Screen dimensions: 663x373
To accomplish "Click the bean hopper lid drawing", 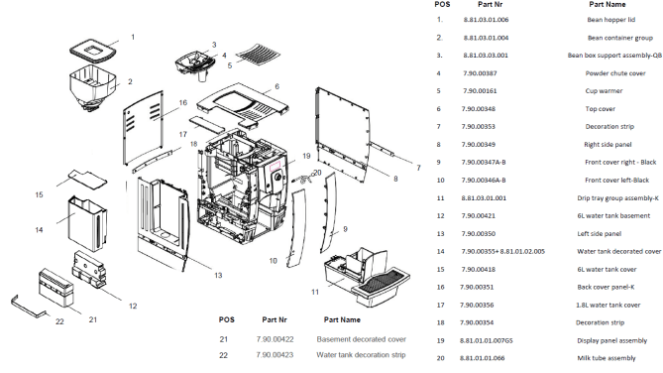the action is click(x=93, y=50).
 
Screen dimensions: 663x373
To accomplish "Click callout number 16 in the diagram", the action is click(x=182, y=103).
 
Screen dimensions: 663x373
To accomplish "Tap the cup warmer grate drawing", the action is click(x=258, y=53).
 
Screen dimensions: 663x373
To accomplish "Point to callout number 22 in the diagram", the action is click(x=59, y=321).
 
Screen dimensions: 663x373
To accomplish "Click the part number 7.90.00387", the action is click(x=480, y=73).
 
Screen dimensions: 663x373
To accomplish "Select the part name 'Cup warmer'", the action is click(x=604, y=91).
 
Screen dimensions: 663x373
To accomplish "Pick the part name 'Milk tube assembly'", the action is click(x=607, y=358).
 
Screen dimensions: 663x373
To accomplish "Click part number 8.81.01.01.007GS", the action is click(x=487, y=340).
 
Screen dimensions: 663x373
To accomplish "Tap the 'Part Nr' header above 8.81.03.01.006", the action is click(x=490, y=5).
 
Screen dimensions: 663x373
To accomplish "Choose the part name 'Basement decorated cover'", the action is click(x=361, y=339).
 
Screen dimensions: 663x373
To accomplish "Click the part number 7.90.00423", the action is click(x=275, y=355).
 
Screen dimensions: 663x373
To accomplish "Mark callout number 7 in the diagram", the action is click(x=418, y=168).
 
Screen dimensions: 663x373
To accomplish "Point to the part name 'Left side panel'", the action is click(x=600, y=234).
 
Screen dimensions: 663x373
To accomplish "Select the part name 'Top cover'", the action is click(x=600, y=109).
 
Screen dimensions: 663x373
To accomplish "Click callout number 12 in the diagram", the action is click(x=133, y=306).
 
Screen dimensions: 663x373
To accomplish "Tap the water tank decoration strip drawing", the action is click(x=28, y=307).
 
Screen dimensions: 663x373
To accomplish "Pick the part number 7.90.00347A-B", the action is click(x=484, y=162).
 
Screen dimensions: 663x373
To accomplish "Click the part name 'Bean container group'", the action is click(x=619, y=38).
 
